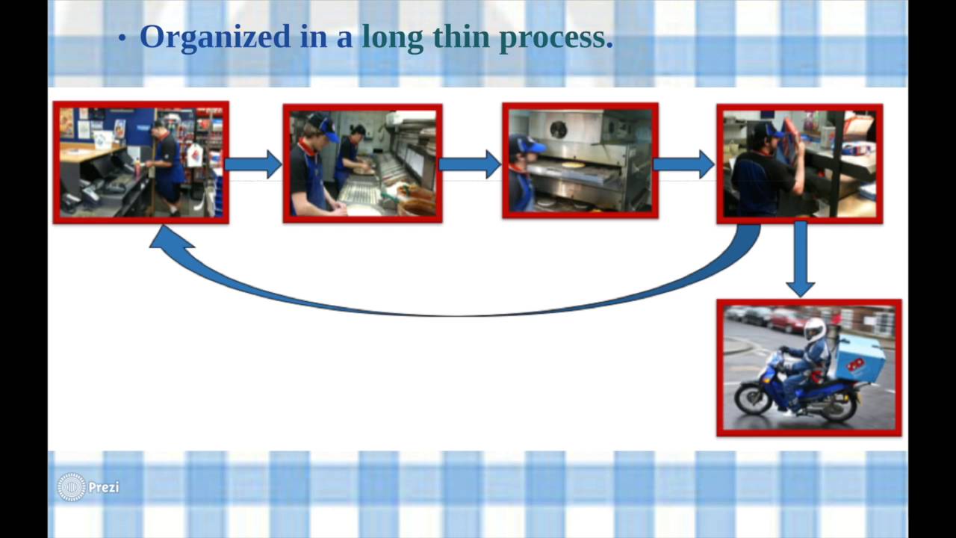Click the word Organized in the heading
pos(214,37)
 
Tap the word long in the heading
pos(392,37)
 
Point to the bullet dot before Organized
pos(122,39)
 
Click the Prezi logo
pos(88,487)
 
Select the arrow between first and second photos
pos(254,164)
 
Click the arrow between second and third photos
pos(471,164)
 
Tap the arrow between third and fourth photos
pos(685,164)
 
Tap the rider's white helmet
pos(815,329)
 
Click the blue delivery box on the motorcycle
pos(859,358)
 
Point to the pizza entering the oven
pos(572,164)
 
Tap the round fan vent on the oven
pos(558,129)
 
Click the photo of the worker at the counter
pos(141,163)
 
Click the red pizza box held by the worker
pos(790,138)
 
